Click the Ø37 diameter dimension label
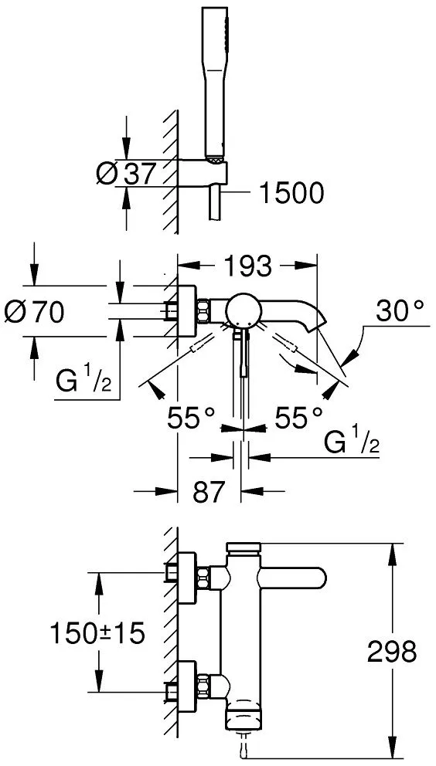pyautogui.click(x=126, y=174)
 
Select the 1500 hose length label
pyautogui.click(x=291, y=193)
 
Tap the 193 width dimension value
pyautogui.click(x=247, y=266)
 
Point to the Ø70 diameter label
pyautogui.click(x=34, y=312)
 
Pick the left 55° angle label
pyautogui.click(x=192, y=418)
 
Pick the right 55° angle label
pyautogui.click(x=298, y=418)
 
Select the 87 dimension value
pyautogui.click(x=209, y=492)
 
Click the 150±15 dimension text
pyautogui.click(x=97, y=634)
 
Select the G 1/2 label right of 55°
pyautogui.click(x=352, y=442)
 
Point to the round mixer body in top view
pyautogui.click(x=242, y=310)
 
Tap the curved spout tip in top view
pyautogui.click(x=317, y=323)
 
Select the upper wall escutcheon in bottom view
pyautogui.click(x=186, y=577)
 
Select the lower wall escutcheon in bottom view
pyautogui.click(x=186, y=686)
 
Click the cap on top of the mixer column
pyautogui.click(x=244, y=547)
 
